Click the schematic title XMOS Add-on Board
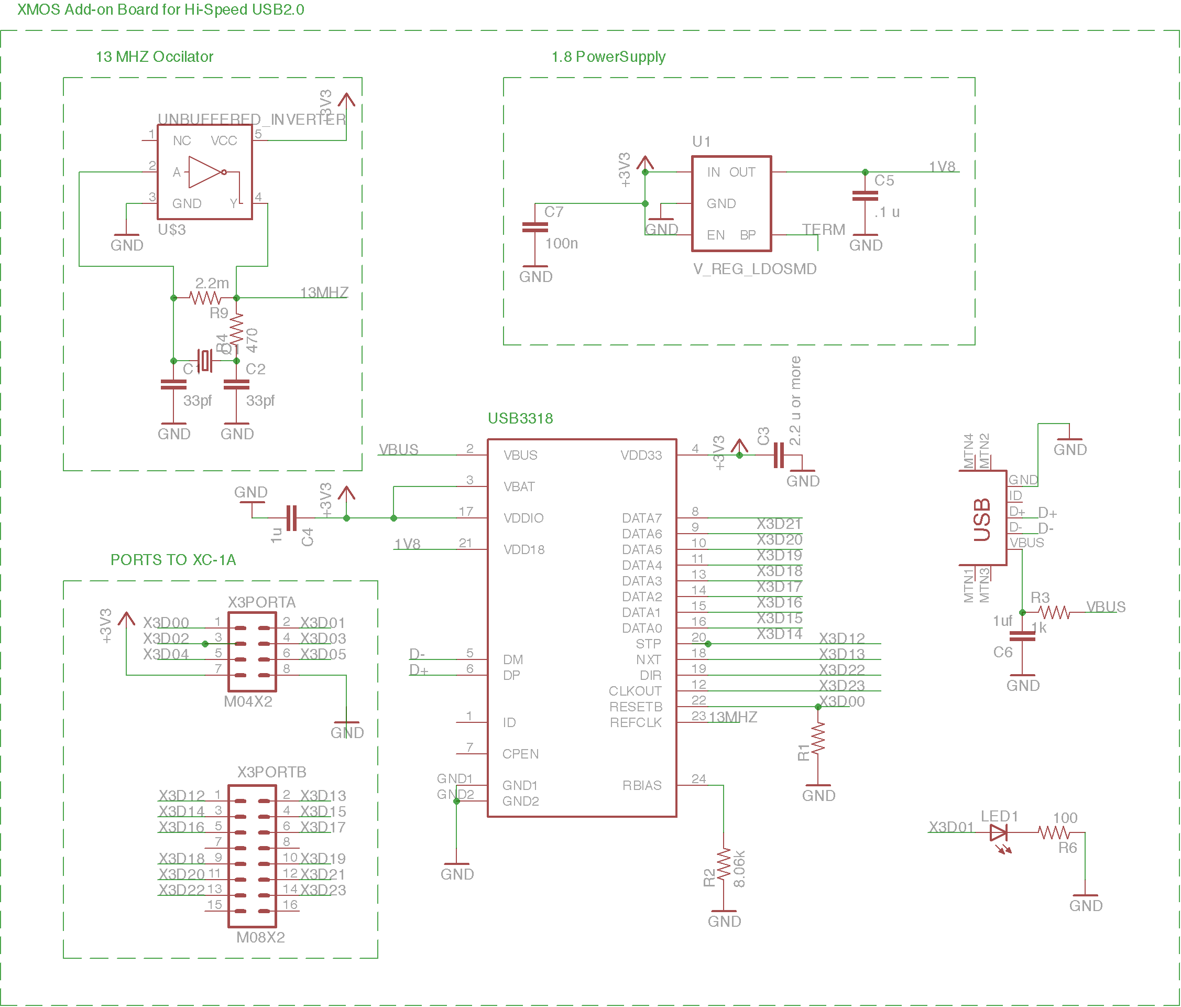[160, 9]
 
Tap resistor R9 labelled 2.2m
[205, 298]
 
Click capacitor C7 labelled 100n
[534, 228]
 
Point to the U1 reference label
[701, 142]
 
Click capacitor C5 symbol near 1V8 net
[865, 196]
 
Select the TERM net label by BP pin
[823, 229]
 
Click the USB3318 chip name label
[520, 418]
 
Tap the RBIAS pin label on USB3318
[641, 785]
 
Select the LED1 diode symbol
[999, 833]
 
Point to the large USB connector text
[982, 519]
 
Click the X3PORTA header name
[261, 602]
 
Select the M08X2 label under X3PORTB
[260, 937]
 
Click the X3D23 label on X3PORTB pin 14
[323, 890]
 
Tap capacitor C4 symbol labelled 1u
[291, 518]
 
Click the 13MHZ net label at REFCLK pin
[732, 717]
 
